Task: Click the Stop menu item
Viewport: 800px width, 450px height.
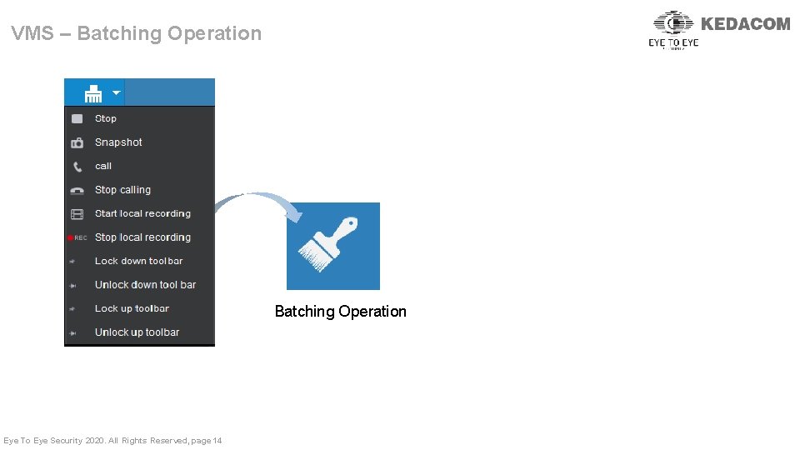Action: tap(106, 119)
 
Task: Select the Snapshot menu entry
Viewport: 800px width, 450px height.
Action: tap(118, 142)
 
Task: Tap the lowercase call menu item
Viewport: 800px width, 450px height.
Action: tap(103, 166)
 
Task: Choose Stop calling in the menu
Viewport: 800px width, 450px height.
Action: tap(122, 190)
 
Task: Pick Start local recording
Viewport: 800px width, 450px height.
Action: tap(142, 213)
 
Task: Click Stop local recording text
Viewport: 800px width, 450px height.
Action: tap(142, 237)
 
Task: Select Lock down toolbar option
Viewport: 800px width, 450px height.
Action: tap(138, 261)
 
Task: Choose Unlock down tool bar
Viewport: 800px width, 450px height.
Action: tap(145, 285)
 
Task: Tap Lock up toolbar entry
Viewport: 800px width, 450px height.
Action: tap(132, 308)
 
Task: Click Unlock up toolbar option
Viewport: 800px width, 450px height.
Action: tap(137, 332)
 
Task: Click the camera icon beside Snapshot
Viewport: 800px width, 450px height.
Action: tap(77, 142)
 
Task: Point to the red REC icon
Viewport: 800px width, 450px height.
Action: tap(77, 237)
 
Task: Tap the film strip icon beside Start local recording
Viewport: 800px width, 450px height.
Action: tap(77, 214)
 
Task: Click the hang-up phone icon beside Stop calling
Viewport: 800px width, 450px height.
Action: tap(77, 190)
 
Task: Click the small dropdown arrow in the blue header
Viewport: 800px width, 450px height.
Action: tap(117, 92)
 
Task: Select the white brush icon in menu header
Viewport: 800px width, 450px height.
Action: tap(93, 92)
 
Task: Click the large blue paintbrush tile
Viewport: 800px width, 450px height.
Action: tap(333, 246)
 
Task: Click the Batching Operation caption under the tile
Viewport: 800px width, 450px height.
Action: tap(341, 312)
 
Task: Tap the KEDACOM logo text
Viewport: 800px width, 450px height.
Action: tap(745, 24)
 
